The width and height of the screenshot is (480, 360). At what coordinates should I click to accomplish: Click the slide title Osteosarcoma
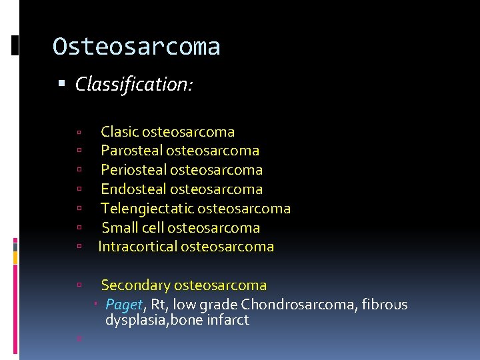pos(136,47)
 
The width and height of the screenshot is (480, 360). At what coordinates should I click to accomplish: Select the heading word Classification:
pos(134,84)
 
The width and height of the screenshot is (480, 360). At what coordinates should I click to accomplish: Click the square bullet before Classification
pos(62,85)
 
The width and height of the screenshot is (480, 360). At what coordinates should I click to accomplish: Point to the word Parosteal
pos(131,151)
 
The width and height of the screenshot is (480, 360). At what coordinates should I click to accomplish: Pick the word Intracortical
pos(137,247)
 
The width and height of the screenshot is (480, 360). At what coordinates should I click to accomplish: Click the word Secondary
pos(135,285)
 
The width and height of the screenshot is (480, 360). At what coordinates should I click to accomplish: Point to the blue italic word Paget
pos(124,305)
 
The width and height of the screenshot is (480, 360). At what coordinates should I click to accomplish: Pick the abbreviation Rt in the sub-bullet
pos(158,305)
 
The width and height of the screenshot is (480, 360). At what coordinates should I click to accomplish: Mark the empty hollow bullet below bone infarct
pos(79,338)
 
